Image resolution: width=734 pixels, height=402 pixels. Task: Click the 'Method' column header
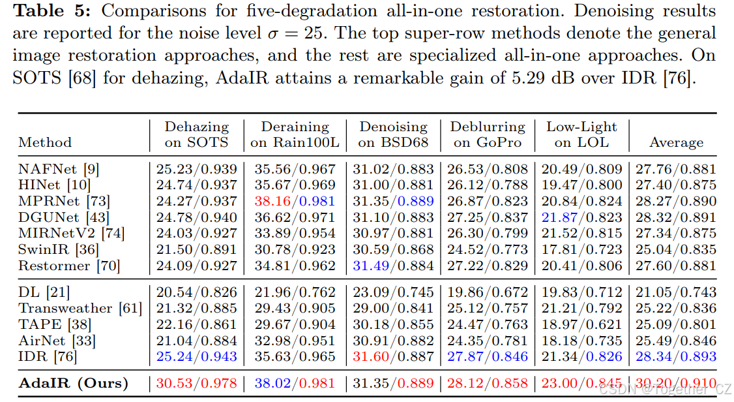45,142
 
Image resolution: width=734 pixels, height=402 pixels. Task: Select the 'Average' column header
676,142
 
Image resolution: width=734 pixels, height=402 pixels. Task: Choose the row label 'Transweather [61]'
80,308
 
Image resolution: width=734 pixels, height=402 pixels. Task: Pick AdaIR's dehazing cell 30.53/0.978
196,383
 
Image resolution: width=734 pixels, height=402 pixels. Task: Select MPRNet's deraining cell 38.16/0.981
295,202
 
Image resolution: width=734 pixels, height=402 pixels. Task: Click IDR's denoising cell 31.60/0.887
393,356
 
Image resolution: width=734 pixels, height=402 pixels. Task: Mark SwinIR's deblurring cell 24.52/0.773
487,249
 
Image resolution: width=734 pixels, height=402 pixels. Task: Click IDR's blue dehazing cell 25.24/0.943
196,356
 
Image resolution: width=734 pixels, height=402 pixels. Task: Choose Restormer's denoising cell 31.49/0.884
393,265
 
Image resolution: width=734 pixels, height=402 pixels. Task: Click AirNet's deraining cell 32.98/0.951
295,341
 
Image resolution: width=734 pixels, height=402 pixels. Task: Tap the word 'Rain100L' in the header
304,142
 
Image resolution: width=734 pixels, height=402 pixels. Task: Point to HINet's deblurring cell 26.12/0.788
487,185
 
